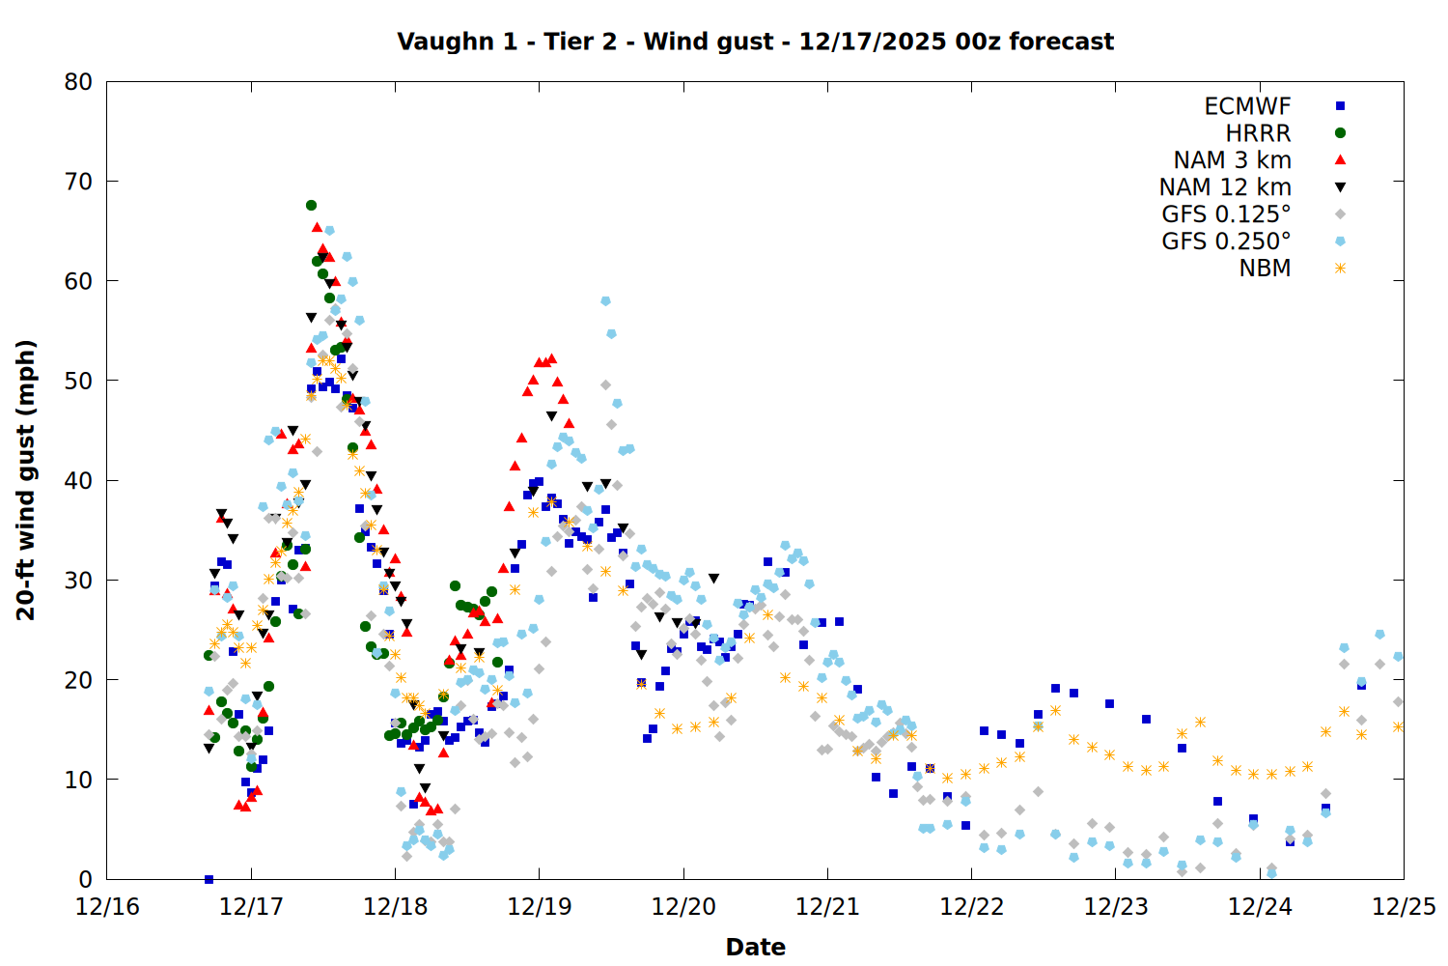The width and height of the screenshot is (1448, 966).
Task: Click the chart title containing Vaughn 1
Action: [x=755, y=42]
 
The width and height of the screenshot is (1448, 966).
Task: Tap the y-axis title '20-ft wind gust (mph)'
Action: [x=26, y=480]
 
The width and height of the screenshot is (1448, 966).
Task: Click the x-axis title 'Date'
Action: [x=755, y=947]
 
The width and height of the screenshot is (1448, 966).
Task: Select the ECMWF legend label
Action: [x=1247, y=106]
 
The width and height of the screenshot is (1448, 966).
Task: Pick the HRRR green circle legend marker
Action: [x=1340, y=133]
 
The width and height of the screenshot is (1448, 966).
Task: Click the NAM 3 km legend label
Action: [x=1232, y=160]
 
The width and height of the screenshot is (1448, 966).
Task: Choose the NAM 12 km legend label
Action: [x=1225, y=187]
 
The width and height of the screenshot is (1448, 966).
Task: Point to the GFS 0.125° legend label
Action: [x=1226, y=214]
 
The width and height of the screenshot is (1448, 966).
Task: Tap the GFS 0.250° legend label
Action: [x=1226, y=241]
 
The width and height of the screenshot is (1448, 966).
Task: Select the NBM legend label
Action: [x=1265, y=269]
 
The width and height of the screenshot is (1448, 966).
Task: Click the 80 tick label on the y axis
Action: [x=78, y=82]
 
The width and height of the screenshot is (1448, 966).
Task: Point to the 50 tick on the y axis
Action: [x=78, y=381]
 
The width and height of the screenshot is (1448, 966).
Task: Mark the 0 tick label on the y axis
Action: [x=86, y=879]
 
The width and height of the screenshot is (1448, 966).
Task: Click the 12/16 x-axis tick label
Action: [x=107, y=907]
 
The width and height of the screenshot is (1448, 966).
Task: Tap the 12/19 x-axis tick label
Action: [x=539, y=907]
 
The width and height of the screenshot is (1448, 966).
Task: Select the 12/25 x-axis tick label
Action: [x=1404, y=907]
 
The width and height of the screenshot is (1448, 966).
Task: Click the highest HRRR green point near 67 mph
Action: [x=311, y=205]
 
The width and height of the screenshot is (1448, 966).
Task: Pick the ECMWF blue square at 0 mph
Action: [x=209, y=879]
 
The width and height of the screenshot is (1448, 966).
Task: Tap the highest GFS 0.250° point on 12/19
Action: [x=605, y=301]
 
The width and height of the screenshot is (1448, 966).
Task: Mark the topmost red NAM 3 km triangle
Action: [x=317, y=227]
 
